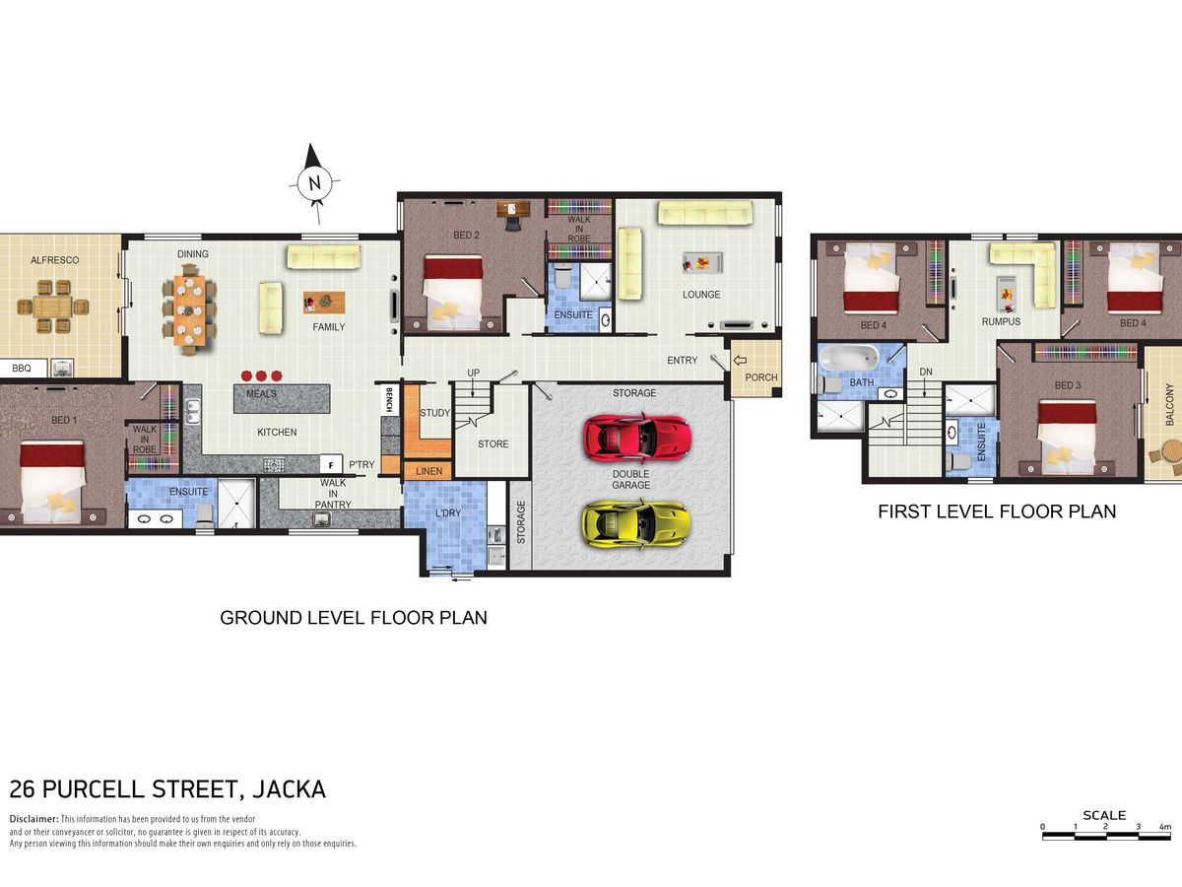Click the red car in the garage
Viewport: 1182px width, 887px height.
637,438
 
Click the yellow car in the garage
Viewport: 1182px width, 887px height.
635,523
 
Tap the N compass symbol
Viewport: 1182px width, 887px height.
314,183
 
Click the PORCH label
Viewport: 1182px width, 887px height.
760,377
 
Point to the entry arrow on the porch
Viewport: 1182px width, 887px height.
740,361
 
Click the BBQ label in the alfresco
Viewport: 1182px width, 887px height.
22,369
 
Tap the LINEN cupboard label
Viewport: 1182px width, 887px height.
429,471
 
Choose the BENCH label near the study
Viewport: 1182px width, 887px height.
389,399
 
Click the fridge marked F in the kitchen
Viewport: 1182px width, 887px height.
331,464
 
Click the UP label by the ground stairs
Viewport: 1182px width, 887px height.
474,373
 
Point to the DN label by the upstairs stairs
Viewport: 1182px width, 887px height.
926,372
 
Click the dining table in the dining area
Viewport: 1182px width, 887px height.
189,310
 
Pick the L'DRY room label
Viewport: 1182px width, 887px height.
448,513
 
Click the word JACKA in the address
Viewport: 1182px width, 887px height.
290,789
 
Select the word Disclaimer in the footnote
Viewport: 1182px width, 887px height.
33,819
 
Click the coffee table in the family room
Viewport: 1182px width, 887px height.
324,303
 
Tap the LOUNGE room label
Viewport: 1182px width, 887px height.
701,295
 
